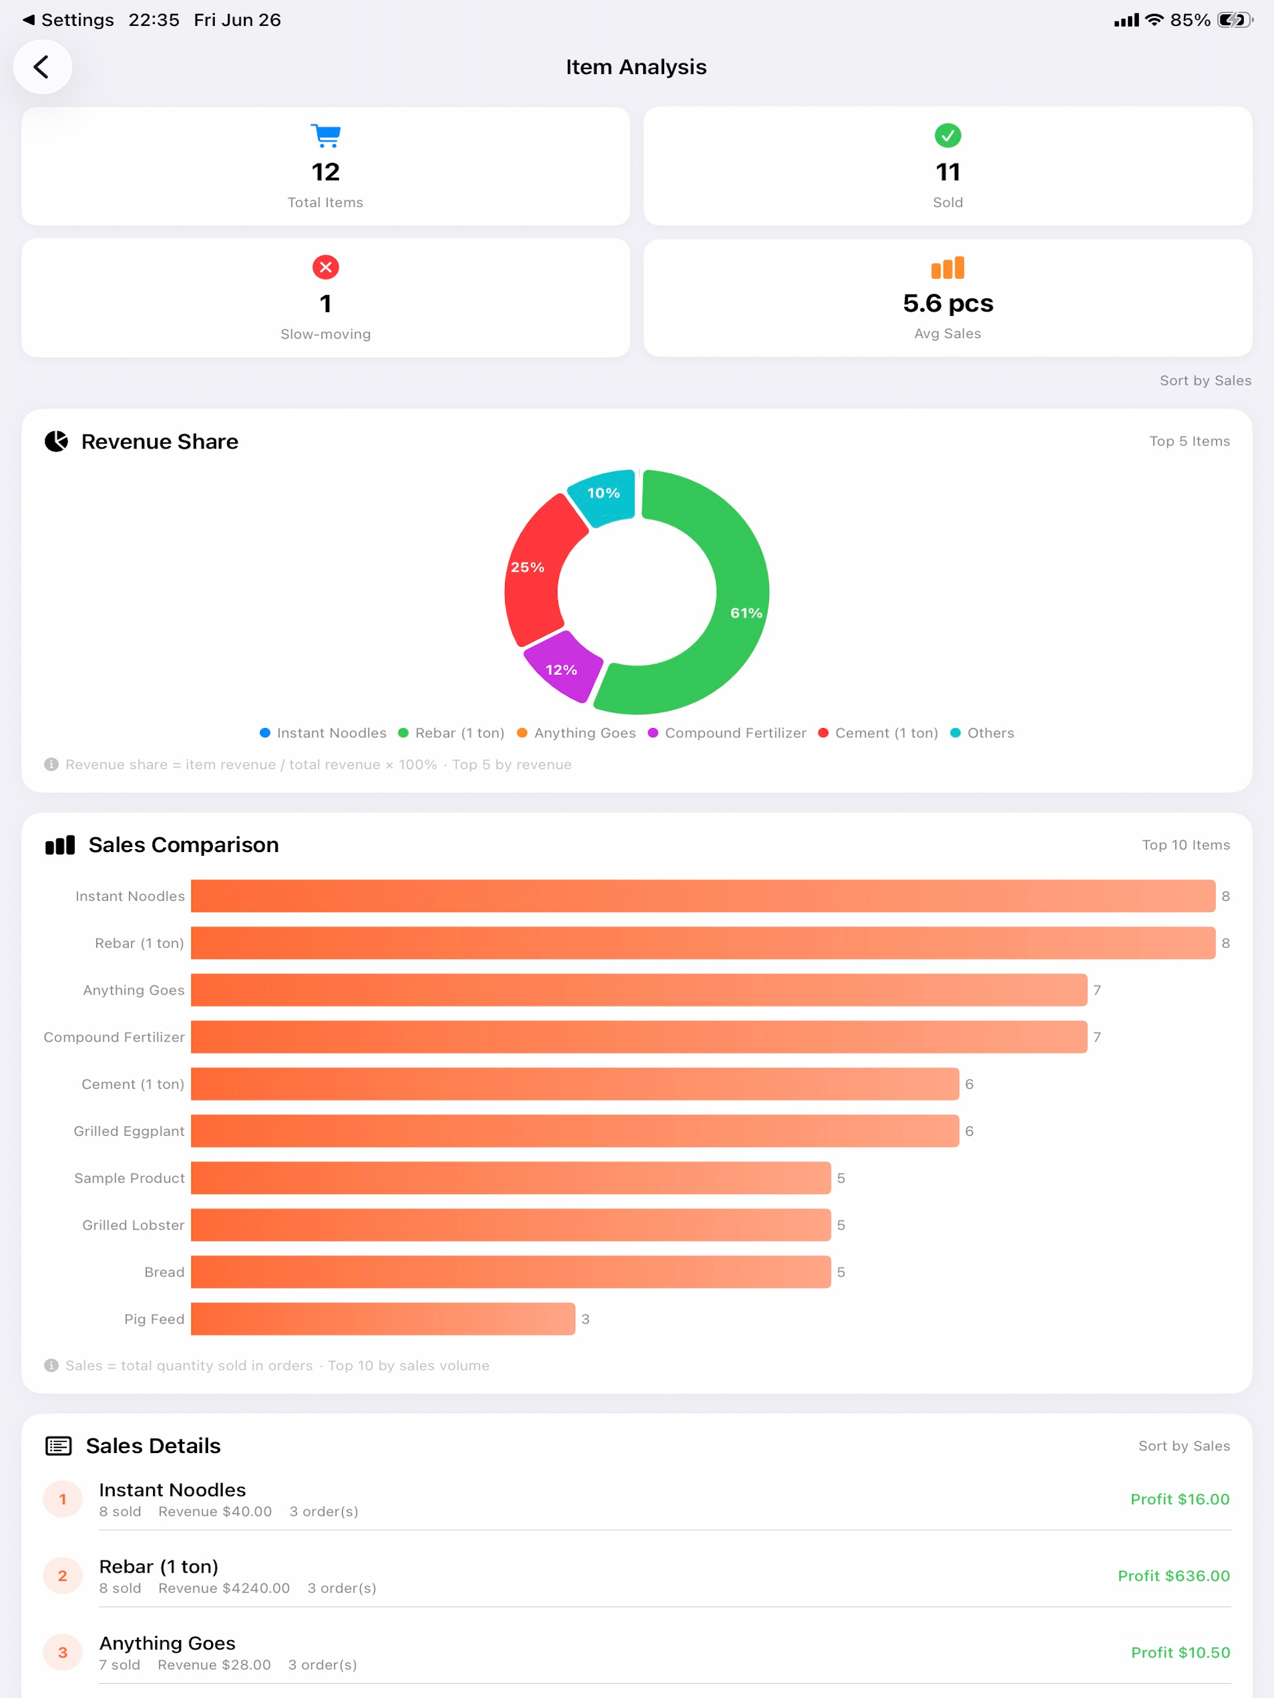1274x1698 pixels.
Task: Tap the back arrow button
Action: point(42,67)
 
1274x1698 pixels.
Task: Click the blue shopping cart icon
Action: point(326,136)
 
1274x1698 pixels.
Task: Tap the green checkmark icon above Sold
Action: point(947,136)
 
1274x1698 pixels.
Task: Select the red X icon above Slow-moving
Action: point(326,267)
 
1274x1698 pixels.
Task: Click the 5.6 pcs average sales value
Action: point(947,303)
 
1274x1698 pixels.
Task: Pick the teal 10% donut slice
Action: point(604,496)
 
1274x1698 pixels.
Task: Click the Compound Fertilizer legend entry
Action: point(727,733)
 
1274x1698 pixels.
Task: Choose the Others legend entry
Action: point(982,733)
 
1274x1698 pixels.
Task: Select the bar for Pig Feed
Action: point(383,1319)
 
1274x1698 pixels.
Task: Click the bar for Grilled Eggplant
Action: point(575,1131)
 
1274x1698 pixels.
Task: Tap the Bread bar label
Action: point(164,1272)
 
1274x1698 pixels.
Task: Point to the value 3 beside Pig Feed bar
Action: point(585,1319)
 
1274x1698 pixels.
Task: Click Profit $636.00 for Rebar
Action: point(1173,1576)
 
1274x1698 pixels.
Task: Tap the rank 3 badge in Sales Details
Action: point(63,1653)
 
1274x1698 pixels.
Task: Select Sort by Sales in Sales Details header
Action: point(1184,1446)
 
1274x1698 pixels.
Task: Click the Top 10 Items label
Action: point(1186,845)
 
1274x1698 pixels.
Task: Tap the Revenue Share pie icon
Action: point(56,441)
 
